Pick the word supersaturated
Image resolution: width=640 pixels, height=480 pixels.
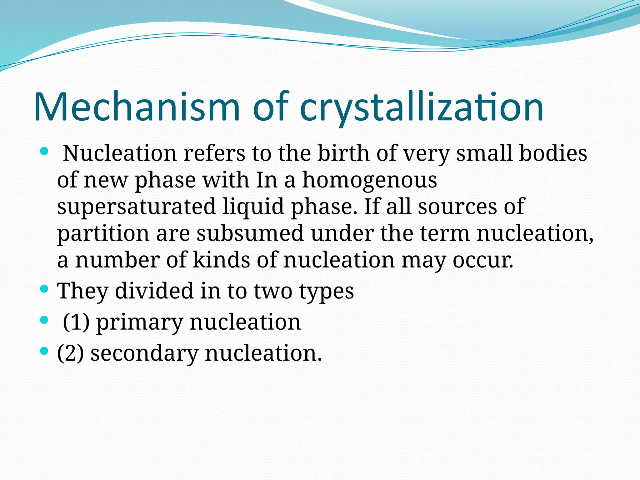136,207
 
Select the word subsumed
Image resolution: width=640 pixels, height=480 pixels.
250,233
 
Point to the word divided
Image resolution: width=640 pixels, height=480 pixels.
154,291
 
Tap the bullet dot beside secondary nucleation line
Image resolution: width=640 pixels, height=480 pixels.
44,351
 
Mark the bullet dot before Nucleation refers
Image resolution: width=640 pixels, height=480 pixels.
44,152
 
